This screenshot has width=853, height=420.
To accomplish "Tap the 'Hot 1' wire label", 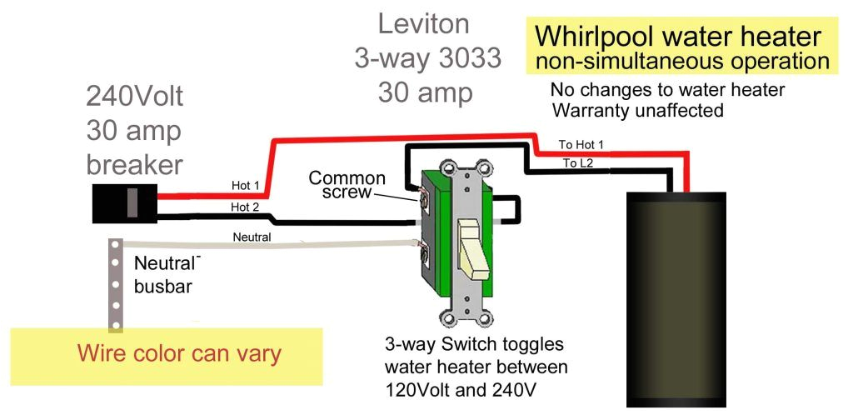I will point(246,185).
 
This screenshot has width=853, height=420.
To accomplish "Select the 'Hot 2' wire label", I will point(246,207).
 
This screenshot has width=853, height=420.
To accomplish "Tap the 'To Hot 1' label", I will point(581,145).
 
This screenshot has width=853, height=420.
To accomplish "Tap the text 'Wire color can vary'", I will point(179,353).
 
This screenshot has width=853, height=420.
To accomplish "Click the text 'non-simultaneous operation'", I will point(681,62).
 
